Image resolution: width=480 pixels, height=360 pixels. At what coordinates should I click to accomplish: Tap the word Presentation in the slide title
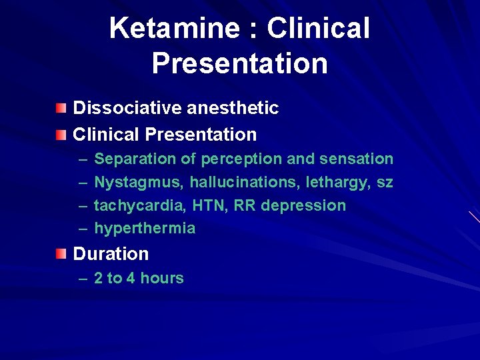(x=239, y=63)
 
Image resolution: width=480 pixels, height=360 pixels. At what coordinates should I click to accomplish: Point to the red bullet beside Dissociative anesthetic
(x=61, y=107)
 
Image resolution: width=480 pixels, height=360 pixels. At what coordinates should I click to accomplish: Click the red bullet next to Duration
(x=61, y=253)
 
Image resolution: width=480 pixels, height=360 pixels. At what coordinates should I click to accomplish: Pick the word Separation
(x=131, y=159)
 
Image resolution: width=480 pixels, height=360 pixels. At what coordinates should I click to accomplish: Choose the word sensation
(x=357, y=159)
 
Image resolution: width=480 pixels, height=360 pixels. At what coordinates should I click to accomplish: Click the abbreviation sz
(x=385, y=182)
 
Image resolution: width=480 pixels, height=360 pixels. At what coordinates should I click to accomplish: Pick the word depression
(x=303, y=206)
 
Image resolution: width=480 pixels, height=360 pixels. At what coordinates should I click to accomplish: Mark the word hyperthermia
(x=145, y=229)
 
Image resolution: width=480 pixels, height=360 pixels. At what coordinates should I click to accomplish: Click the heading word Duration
(x=111, y=254)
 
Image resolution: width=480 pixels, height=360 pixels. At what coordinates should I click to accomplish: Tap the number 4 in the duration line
(x=130, y=279)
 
